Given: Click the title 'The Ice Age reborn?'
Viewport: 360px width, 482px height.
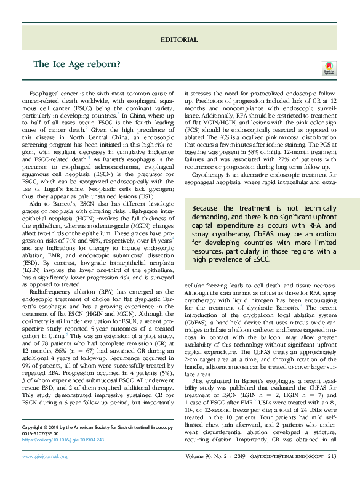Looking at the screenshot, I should (x=77, y=64).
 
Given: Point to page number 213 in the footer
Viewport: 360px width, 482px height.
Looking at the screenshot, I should (x=332, y=473).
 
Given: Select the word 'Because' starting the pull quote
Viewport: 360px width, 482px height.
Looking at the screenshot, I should (x=205, y=209).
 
